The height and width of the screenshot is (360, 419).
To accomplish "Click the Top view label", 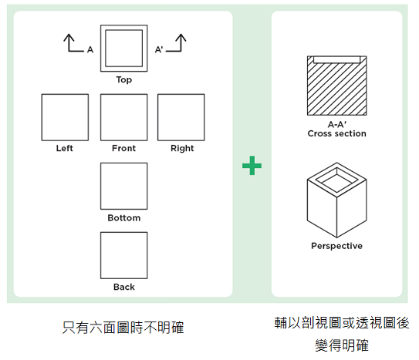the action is [x=124, y=80].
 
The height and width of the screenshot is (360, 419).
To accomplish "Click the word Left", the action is [x=64, y=148].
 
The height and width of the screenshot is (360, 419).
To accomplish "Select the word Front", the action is [x=123, y=148].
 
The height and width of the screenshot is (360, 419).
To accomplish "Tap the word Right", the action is [x=182, y=148].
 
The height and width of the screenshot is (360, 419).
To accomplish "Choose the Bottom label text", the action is [x=124, y=217].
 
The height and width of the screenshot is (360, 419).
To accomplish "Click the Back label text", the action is [x=124, y=287].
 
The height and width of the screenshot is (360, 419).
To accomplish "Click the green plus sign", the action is [x=252, y=166].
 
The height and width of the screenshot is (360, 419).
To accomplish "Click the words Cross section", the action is [x=336, y=133].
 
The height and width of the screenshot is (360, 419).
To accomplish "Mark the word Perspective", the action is [x=336, y=246].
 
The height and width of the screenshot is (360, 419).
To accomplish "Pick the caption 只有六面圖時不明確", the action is [x=123, y=328].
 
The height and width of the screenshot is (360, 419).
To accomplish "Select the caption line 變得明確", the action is [x=342, y=345].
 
